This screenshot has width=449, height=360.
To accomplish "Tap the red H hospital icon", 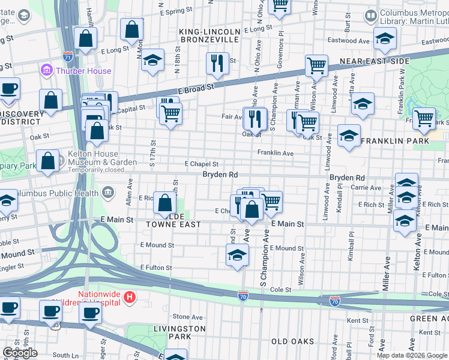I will pyautogui.click(x=129, y=296).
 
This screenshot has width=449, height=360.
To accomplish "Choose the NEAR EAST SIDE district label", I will pyautogui.click(x=375, y=61).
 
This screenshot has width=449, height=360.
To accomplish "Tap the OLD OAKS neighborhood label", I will pyautogui.click(x=292, y=341).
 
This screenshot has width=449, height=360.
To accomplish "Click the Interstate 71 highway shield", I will pyautogui.click(x=67, y=56).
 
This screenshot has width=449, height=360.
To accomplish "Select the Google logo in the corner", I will pyautogui.click(x=20, y=352).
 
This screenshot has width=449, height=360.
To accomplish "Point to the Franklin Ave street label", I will pyautogui.click(x=275, y=154).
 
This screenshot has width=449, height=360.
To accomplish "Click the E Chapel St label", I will pyautogui.click(x=201, y=164).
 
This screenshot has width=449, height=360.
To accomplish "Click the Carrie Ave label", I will pyautogui.click(x=367, y=188).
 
